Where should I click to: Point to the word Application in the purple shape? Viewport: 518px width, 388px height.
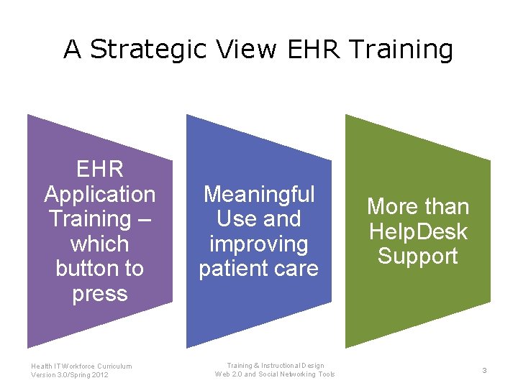click(x=100, y=195)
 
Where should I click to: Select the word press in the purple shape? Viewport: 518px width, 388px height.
click(x=100, y=294)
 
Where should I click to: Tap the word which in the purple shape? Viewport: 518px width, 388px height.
click(x=100, y=244)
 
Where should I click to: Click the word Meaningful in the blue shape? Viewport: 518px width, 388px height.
click(x=259, y=194)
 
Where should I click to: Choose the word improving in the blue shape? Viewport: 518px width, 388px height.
click(x=259, y=244)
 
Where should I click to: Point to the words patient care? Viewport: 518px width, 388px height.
click(x=259, y=269)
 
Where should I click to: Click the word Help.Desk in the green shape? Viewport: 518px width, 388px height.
click(x=418, y=231)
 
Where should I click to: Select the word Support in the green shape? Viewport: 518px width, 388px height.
click(x=418, y=257)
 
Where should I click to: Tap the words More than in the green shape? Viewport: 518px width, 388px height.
click(x=418, y=207)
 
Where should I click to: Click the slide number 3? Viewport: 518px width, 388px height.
click(x=484, y=370)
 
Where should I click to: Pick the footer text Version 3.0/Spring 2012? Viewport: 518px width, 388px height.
click(x=70, y=374)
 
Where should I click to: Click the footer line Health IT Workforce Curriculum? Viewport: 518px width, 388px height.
click(x=81, y=366)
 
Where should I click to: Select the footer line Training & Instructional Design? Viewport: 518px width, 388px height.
click(x=276, y=366)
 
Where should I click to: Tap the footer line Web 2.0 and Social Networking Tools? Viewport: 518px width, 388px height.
click(x=276, y=374)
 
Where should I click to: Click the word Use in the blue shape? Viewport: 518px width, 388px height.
click(x=234, y=219)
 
